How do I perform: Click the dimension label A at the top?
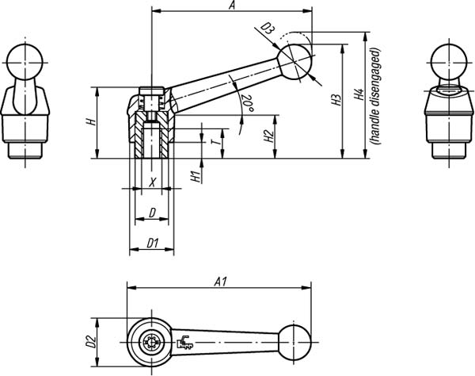(x=232, y=6)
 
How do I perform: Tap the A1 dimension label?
(x=220, y=282)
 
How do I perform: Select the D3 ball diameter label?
(x=268, y=29)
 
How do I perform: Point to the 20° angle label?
(x=247, y=103)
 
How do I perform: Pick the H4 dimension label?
(x=359, y=94)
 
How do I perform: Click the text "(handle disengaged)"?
(x=375, y=96)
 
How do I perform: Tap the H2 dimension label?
(x=268, y=136)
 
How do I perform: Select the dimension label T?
(x=215, y=142)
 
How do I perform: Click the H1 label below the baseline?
(x=196, y=176)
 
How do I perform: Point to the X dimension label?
(x=152, y=182)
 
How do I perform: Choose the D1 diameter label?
(x=153, y=243)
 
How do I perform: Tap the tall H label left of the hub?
(x=91, y=122)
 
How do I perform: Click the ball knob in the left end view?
(x=25, y=62)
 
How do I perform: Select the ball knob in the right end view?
(x=448, y=63)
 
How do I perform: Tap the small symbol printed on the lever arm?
(x=184, y=343)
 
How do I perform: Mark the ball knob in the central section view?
(x=294, y=62)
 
